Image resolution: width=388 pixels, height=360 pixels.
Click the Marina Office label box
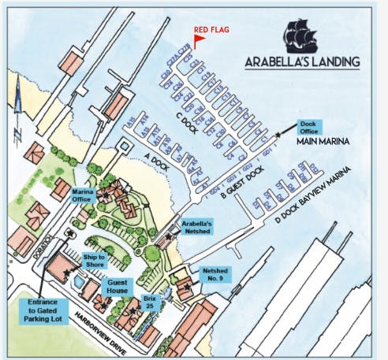pos(84,196)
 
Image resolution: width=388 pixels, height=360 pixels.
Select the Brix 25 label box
pos(152,302)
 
